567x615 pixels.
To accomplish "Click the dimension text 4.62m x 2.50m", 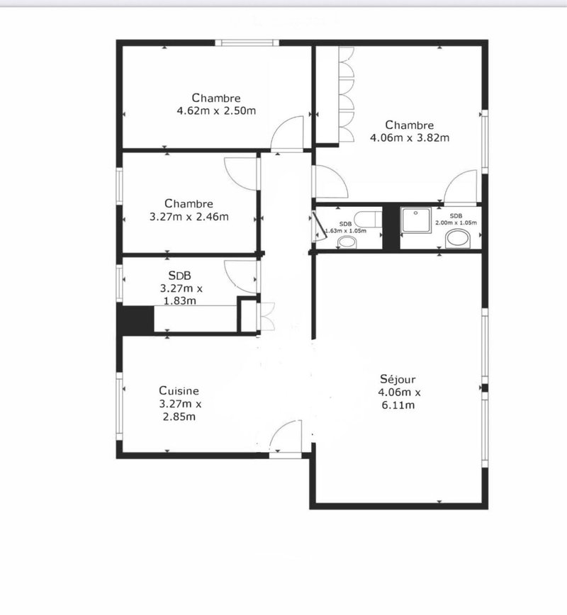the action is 216,111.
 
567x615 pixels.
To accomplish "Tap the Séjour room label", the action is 398,379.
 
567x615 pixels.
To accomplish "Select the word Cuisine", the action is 179,390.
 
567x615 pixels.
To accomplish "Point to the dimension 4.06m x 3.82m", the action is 410,137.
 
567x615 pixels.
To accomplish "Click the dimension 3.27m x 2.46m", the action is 189,217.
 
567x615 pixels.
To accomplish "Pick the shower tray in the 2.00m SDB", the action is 416,220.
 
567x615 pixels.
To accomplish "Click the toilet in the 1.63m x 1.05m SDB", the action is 368,219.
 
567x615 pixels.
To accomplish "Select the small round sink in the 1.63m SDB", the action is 347,242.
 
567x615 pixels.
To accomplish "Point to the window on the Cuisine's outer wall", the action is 119,407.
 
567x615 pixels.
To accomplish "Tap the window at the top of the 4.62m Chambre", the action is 247,43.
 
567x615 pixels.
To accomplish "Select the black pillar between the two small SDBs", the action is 391,227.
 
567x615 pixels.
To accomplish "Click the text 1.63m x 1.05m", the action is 346,231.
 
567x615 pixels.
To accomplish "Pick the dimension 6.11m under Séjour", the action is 398,405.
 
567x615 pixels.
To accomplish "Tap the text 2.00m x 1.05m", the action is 456,222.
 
